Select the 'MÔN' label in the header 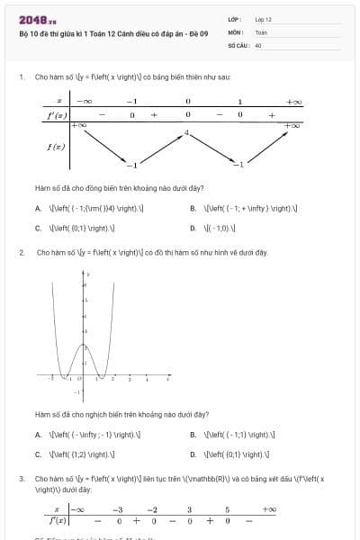pos(235,31)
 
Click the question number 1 pos(21,77)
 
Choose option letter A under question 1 pos(38,208)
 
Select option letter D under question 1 pos(193,228)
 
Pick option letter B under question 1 pos(193,208)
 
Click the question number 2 pos(21,253)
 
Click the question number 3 pos(21,479)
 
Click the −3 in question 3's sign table pos(118,509)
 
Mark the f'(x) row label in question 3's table pos(57,520)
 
